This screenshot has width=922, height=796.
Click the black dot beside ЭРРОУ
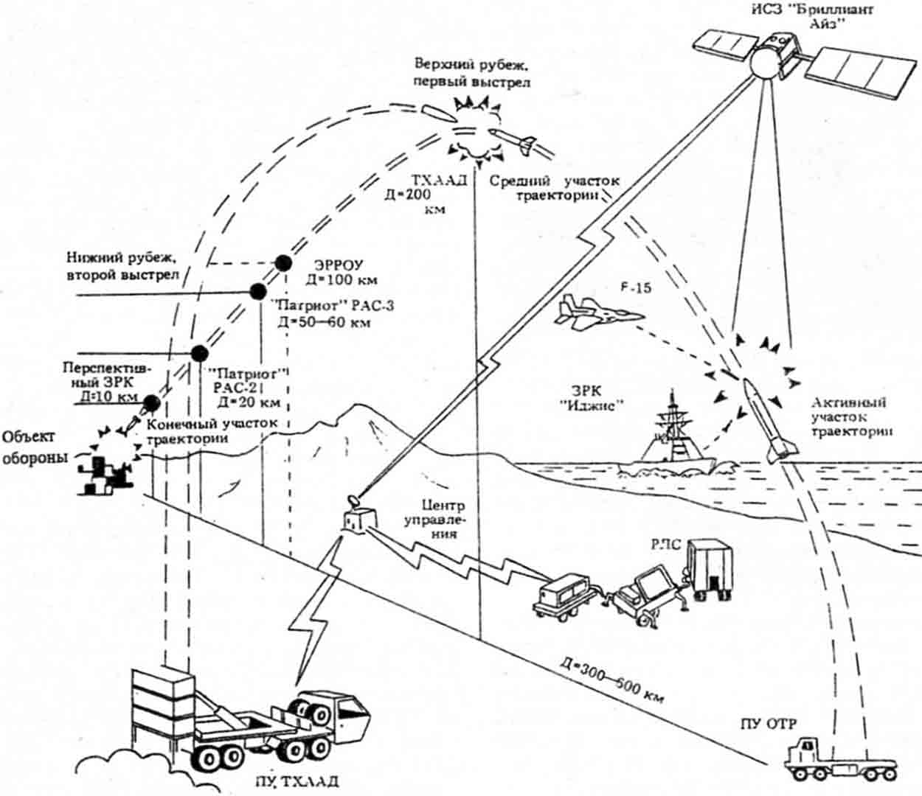(x=282, y=263)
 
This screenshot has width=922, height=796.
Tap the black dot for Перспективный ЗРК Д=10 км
(x=152, y=402)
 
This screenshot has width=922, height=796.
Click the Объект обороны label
(x=33, y=447)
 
